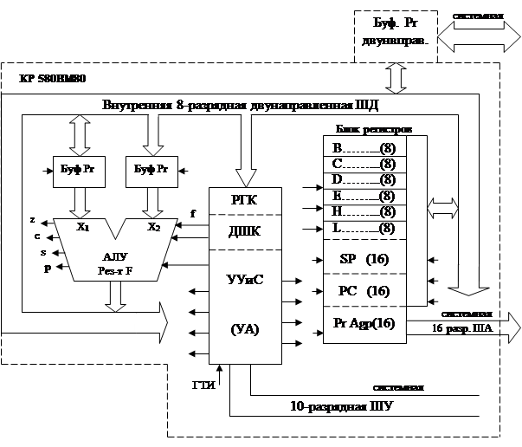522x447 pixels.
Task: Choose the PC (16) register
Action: (364, 291)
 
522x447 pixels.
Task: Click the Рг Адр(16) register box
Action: (364, 323)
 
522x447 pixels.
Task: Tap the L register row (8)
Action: (364, 228)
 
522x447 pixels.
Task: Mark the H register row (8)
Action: (364, 211)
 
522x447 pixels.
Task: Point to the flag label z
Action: (32, 220)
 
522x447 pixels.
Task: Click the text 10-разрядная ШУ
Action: (344, 405)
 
